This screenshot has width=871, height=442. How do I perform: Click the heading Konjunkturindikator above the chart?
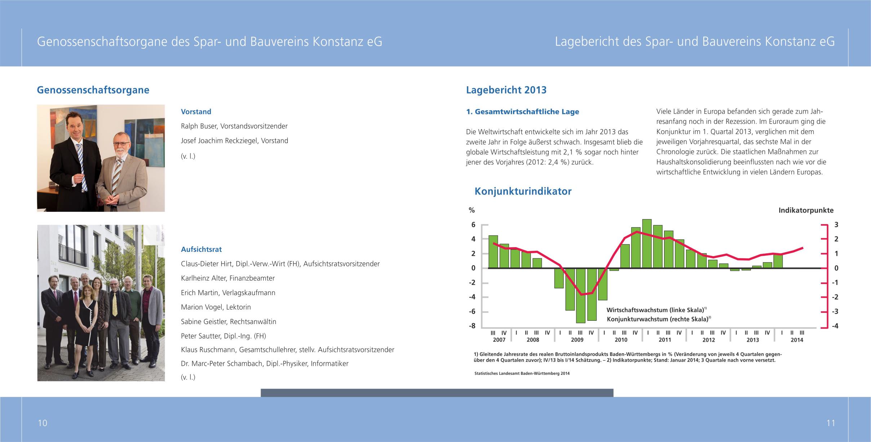[x=523, y=191]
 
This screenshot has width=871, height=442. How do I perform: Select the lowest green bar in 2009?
[x=580, y=296]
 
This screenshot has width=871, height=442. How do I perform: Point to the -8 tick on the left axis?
[x=472, y=326]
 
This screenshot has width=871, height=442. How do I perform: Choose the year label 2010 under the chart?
[x=621, y=340]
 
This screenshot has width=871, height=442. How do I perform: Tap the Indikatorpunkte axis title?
[x=806, y=210]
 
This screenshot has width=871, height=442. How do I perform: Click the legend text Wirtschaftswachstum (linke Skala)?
[x=655, y=310]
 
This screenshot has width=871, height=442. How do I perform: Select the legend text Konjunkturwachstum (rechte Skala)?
[x=657, y=319]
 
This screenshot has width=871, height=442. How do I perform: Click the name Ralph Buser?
[x=199, y=126]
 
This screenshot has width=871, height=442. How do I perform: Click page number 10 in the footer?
[x=43, y=423]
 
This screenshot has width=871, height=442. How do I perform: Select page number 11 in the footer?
[x=831, y=423]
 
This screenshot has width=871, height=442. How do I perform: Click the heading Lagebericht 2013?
[x=506, y=90]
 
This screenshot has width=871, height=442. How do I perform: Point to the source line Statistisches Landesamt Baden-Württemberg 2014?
[x=522, y=373]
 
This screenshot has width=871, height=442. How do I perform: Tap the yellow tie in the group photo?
[x=115, y=304]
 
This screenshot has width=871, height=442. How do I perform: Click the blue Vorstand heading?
[x=196, y=112]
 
